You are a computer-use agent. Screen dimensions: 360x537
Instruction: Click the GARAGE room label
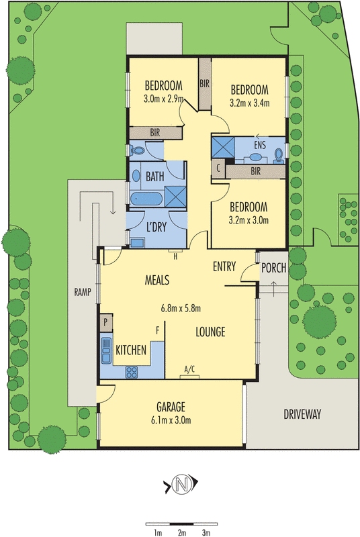coord(171,407)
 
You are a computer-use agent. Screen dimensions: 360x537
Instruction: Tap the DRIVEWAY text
coord(302,414)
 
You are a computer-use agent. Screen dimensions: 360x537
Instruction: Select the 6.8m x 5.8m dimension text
coord(181,308)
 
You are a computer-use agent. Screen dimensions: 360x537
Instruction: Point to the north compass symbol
coord(181,484)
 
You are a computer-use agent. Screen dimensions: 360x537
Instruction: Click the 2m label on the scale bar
coord(182,532)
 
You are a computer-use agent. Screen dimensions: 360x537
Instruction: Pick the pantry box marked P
coord(106,322)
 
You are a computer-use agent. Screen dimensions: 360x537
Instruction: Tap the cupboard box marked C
coord(218,168)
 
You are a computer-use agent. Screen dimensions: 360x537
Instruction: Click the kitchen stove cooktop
coord(132,373)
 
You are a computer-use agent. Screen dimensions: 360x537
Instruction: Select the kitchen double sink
coord(106,350)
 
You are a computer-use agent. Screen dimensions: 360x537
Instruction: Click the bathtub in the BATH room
coord(146,199)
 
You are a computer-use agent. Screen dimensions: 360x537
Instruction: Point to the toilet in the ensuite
coord(279,156)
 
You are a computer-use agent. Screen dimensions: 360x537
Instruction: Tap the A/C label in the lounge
coord(189,369)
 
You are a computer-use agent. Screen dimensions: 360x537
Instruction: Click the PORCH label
coord(273,268)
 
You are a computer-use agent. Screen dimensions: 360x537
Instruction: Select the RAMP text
coord(83,292)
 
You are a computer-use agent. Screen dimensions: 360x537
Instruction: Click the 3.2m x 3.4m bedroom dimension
coord(249,103)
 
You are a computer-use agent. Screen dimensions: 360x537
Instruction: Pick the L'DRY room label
coord(156,227)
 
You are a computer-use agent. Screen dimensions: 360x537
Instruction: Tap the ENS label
coord(260,145)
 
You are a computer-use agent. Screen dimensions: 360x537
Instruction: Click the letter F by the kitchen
coord(158,330)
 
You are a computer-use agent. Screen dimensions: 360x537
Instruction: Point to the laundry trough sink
coord(137,242)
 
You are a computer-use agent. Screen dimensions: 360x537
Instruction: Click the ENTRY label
coord(224,266)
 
